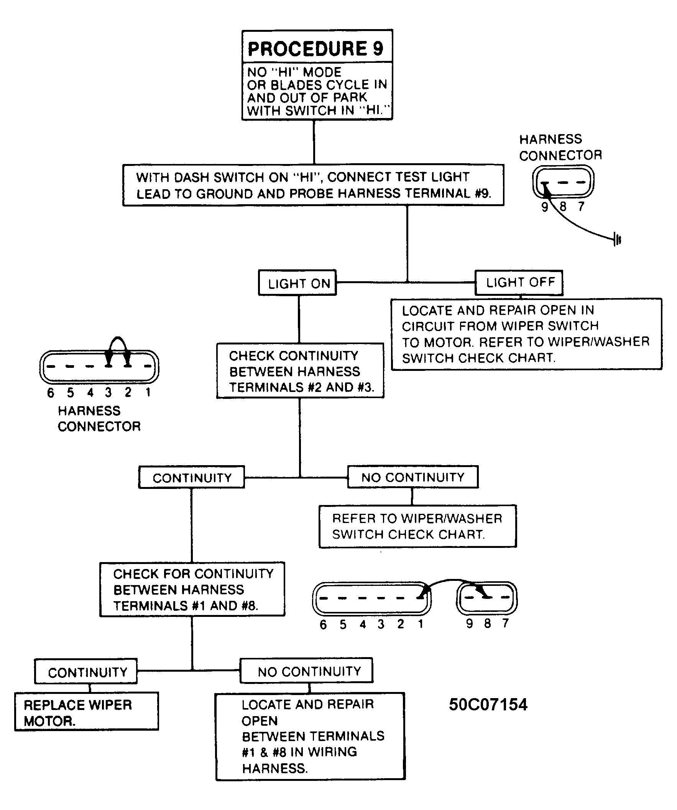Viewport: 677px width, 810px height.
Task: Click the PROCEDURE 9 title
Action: pyautogui.click(x=315, y=49)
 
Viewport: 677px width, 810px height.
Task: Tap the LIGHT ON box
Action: pyautogui.click(x=297, y=283)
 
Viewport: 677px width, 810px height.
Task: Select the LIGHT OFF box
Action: pyautogui.click(x=519, y=283)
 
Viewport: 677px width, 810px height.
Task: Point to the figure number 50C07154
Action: pyautogui.click(x=488, y=705)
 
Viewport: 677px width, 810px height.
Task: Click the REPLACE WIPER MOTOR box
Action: pyautogui.click(x=87, y=711)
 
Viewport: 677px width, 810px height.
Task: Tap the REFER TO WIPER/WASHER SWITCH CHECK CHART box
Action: pyautogui.click(x=417, y=526)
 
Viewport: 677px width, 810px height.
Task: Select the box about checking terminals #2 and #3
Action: pyautogui.click(x=300, y=371)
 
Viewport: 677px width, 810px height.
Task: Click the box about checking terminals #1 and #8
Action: pyautogui.click(x=192, y=589)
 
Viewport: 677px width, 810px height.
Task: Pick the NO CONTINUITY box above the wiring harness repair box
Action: pyautogui.click(x=306, y=671)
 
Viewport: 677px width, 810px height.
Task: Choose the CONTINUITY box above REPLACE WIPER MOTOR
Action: pyautogui.click(x=86, y=672)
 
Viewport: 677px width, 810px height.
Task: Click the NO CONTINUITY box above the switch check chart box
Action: pyautogui.click(x=413, y=477)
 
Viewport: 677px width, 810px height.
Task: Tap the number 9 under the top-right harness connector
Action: pyautogui.click(x=545, y=207)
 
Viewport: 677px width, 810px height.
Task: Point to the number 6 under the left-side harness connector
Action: pyautogui.click(x=51, y=393)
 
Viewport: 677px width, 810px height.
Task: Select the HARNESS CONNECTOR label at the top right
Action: pyautogui.click(x=560, y=148)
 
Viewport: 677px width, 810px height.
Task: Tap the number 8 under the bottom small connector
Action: pyautogui.click(x=488, y=623)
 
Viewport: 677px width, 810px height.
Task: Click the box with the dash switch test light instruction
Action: pyautogui.click(x=314, y=185)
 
